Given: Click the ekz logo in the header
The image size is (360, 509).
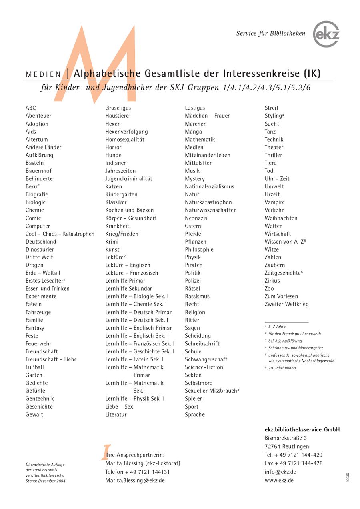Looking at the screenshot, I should click(x=326, y=34).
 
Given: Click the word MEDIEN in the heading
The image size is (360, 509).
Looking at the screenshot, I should click(x=43, y=74).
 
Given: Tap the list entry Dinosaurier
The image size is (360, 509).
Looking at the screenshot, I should click(x=40, y=250).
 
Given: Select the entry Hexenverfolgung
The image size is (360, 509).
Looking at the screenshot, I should click(x=126, y=132).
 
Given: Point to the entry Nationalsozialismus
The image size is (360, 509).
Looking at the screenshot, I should click(x=209, y=186).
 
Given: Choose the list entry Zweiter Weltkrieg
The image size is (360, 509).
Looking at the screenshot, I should click(x=286, y=304).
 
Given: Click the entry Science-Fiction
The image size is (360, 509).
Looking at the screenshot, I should click(x=204, y=367).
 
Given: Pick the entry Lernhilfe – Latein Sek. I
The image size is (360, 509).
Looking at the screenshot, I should click(x=134, y=359).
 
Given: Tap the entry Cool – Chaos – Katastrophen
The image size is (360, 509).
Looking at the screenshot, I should click(x=60, y=234).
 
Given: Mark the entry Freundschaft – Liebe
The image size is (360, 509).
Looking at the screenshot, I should click(x=51, y=359).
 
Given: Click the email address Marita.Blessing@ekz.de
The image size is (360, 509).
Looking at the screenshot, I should click(x=135, y=481).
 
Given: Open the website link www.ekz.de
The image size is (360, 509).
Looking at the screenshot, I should click(x=279, y=481).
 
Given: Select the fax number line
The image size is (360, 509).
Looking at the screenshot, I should click(x=293, y=463).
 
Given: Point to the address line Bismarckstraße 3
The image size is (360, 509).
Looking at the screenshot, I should click(x=286, y=438).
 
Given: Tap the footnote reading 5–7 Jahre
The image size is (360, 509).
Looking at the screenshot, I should click(x=277, y=327).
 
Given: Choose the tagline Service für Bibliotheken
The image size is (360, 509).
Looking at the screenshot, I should click(x=270, y=34).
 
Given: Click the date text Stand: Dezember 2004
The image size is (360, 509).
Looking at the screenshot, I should click(x=45, y=481).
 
